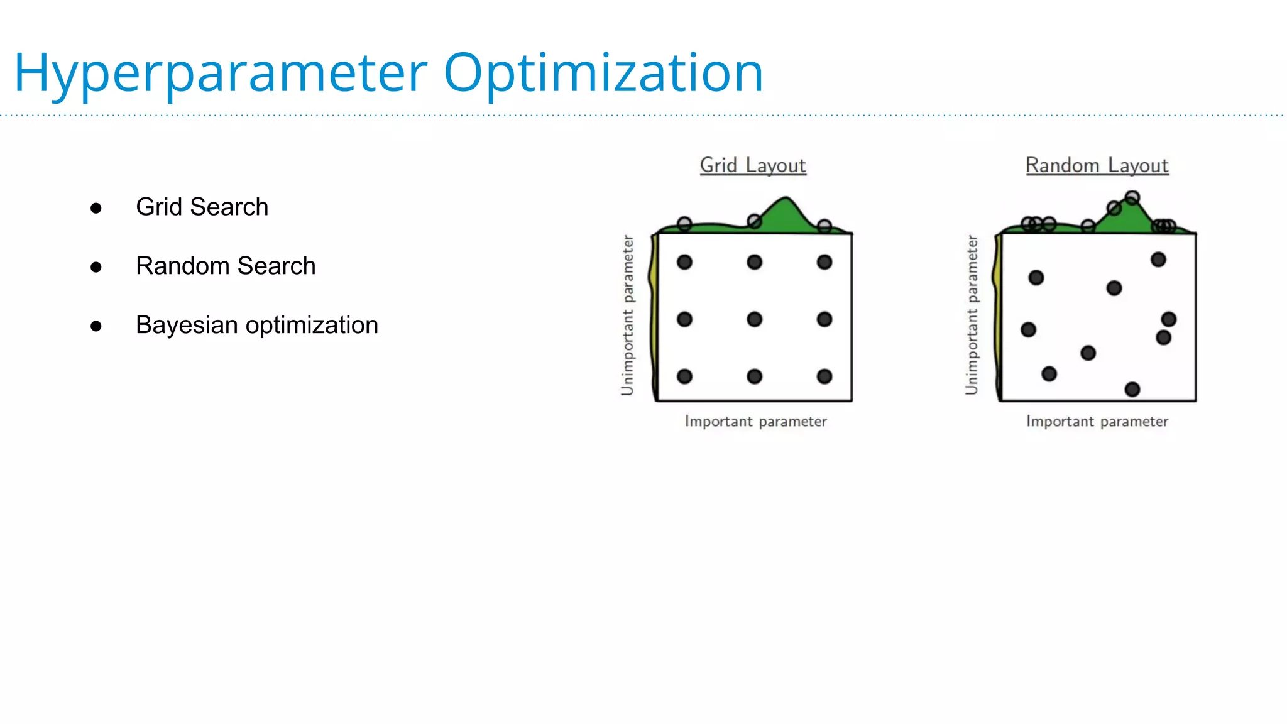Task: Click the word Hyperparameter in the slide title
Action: [x=220, y=74]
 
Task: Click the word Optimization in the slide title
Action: [x=603, y=74]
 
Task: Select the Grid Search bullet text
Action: [x=202, y=207]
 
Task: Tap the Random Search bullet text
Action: [x=226, y=266]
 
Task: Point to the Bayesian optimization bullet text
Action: [x=256, y=325]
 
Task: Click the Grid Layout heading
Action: [x=753, y=165]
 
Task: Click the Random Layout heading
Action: [x=1097, y=165]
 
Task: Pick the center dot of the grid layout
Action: [x=754, y=319]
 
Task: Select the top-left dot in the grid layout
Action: [x=684, y=262]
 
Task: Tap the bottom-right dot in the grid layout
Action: [x=824, y=376]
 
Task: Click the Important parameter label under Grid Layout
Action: [x=755, y=421]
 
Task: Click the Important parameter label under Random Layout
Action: [x=1097, y=421]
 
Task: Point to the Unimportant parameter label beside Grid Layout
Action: [x=627, y=315]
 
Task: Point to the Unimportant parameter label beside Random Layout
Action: [x=972, y=315]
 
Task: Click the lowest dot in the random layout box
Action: [x=1132, y=390]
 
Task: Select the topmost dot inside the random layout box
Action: [x=1158, y=260]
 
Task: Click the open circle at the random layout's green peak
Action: [x=1132, y=198]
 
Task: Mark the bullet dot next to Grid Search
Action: [x=96, y=208]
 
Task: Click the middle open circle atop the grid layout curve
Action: [x=754, y=221]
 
